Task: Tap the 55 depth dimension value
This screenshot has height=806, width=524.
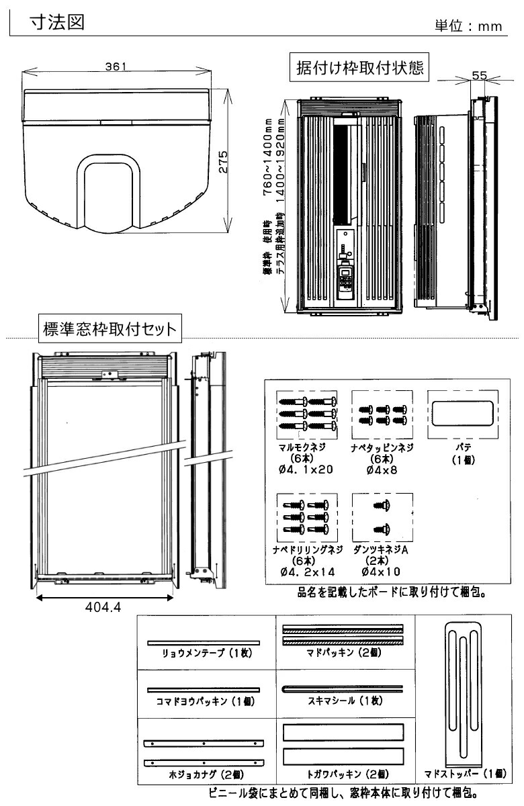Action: click(x=479, y=76)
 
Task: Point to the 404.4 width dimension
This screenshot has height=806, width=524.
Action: click(x=103, y=607)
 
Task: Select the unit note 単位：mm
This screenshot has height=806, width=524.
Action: click(x=469, y=26)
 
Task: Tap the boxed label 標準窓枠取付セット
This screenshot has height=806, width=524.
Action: click(x=110, y=328)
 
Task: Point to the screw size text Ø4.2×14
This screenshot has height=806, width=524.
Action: click(x=306, y=571)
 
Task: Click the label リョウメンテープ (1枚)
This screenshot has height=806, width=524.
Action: click(x=203, y=652)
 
